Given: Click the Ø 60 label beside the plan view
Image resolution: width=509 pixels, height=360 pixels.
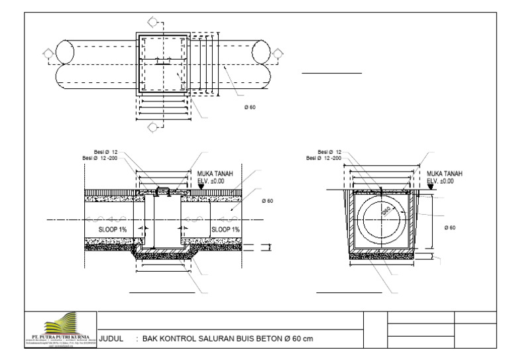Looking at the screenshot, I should (x=249, y=107).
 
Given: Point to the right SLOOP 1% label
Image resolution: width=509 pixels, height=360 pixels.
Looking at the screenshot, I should (x=225, y=229).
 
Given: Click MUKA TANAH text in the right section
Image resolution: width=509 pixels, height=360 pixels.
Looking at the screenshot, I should (x=445, y=173).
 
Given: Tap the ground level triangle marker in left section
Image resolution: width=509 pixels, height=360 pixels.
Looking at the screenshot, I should (x=201, y=188).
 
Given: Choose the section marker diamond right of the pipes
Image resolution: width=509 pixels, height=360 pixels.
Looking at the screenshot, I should (x=276, y=52).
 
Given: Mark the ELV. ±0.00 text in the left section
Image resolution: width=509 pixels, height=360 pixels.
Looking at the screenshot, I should (x=211, y=180).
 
